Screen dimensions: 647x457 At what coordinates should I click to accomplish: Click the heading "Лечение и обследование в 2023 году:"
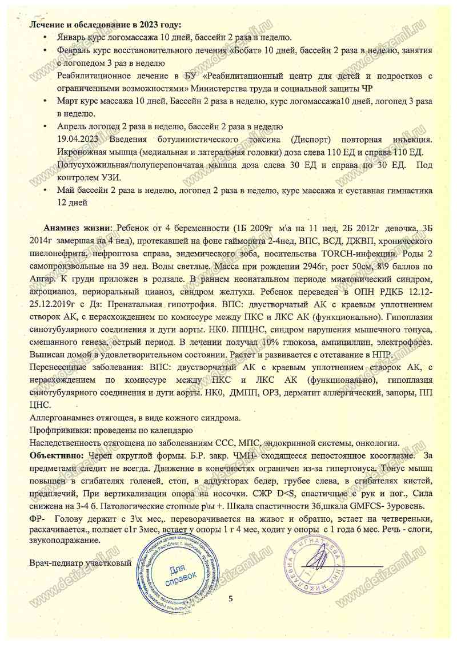pyautogui.click(x=106, y=25)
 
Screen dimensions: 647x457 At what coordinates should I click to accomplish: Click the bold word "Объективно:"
pyautogui.click(x=55, y=455)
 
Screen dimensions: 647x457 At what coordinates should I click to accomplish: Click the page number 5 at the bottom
pyautogui.click(x=231, y=598)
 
